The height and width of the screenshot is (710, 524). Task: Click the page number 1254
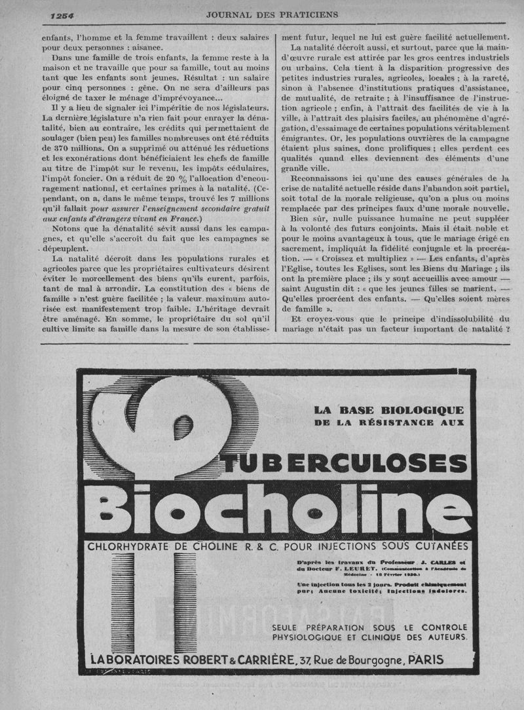[62, 15]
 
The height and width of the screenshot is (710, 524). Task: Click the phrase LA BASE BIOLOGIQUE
[388, 410]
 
